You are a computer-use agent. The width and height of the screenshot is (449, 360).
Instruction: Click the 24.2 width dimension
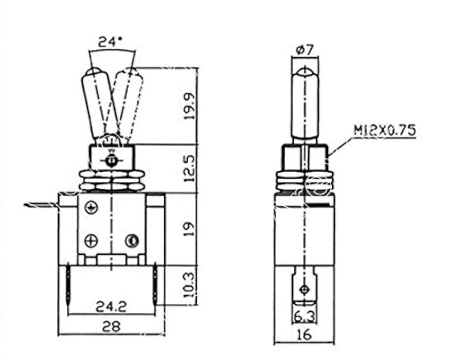tap(111, 306)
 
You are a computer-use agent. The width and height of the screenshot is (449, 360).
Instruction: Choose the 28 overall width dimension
tap(111, 327)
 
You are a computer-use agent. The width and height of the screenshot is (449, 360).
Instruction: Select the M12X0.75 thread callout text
tap(385, 131)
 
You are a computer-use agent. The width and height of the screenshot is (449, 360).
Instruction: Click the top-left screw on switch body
tap(91, 206)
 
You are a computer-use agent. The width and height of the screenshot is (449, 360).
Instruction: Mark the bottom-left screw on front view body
tap(91, 241)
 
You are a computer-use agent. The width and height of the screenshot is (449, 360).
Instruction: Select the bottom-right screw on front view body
tap(132, 241)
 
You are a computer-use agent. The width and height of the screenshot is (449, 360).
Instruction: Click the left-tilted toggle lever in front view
tap(94, 103)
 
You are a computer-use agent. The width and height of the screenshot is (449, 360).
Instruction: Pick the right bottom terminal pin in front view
tap(155, 285)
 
